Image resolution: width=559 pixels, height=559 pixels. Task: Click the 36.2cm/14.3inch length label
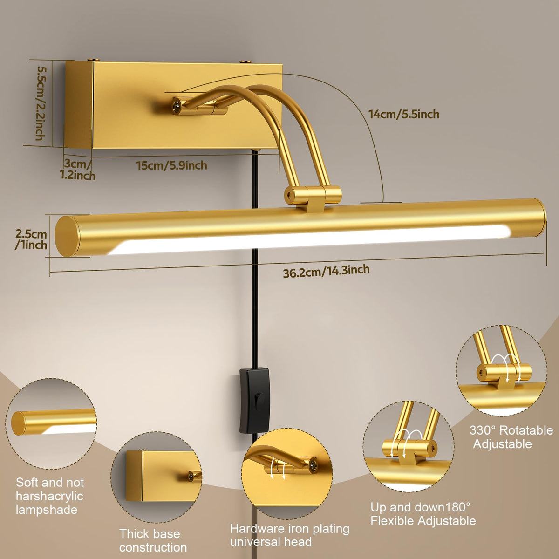tap(327, 271)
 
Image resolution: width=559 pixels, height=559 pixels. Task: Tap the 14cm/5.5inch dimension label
tap(404, 114)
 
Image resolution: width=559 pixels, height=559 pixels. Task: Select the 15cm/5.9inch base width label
tap(172, 165)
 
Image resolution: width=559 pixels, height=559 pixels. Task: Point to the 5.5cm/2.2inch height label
tap(41, 103)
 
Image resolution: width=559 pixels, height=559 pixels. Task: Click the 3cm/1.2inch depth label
tap(78, 170)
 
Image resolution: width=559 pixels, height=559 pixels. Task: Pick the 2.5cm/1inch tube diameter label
tap(31, 239)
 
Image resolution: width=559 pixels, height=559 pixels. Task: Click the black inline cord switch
tap(255, 401)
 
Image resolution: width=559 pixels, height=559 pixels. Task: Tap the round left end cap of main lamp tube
tap(67, 237)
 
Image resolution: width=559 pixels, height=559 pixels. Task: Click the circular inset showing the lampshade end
tap(51, 424)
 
